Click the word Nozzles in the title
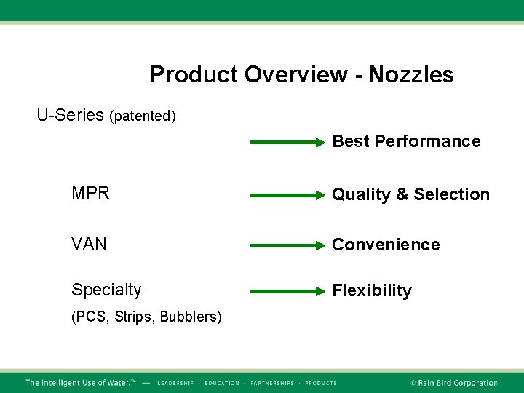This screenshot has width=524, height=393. (411, 74)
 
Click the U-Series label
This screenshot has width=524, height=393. (71, 115)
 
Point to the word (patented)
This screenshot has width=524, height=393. (143, 116)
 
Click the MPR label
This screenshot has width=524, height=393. (90, 194)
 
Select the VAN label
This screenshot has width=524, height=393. (89, 244)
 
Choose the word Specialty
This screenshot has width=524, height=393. (106, 290)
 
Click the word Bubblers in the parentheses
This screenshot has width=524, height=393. (191, 317)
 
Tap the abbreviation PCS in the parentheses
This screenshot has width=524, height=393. (89, 317)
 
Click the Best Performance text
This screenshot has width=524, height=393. (406, 141)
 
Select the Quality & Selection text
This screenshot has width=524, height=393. (410, 194)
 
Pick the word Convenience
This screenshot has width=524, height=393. (386, 245)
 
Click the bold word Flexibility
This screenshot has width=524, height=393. (372, 291)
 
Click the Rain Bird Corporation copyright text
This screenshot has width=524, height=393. (454, 383)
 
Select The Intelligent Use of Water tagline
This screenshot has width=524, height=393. (81, 383)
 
